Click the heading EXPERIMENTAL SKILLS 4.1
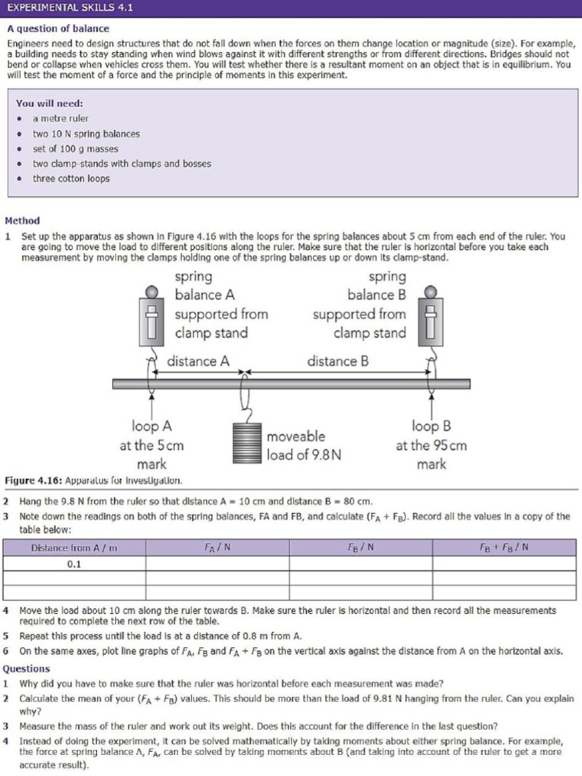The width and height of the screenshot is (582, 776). tap(70, 8)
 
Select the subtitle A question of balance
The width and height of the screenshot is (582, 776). tap(58, 29)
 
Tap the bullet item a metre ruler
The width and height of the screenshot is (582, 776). tap(61, 118)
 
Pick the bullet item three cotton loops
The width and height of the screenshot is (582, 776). tap(70, 179)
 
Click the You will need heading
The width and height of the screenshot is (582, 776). tap(49, 103)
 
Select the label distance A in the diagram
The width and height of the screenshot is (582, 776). tap(198, 361)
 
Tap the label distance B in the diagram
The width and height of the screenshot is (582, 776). tap(338, 361)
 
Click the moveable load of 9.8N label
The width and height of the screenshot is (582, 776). tap(303, 446)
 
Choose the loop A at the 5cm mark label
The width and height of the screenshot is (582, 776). tap(152, 446)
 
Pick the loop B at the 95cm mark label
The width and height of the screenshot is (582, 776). tap(430, 446)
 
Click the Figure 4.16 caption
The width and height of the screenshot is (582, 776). tap(92, 480)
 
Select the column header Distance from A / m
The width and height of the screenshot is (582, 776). tap(74, 548)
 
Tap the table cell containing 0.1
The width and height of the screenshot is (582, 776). tap(74, 565)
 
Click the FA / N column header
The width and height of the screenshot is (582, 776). tap(217, 548)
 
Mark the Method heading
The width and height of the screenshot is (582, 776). tap(22, 221)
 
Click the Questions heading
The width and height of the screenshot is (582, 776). tap(27, 668)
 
